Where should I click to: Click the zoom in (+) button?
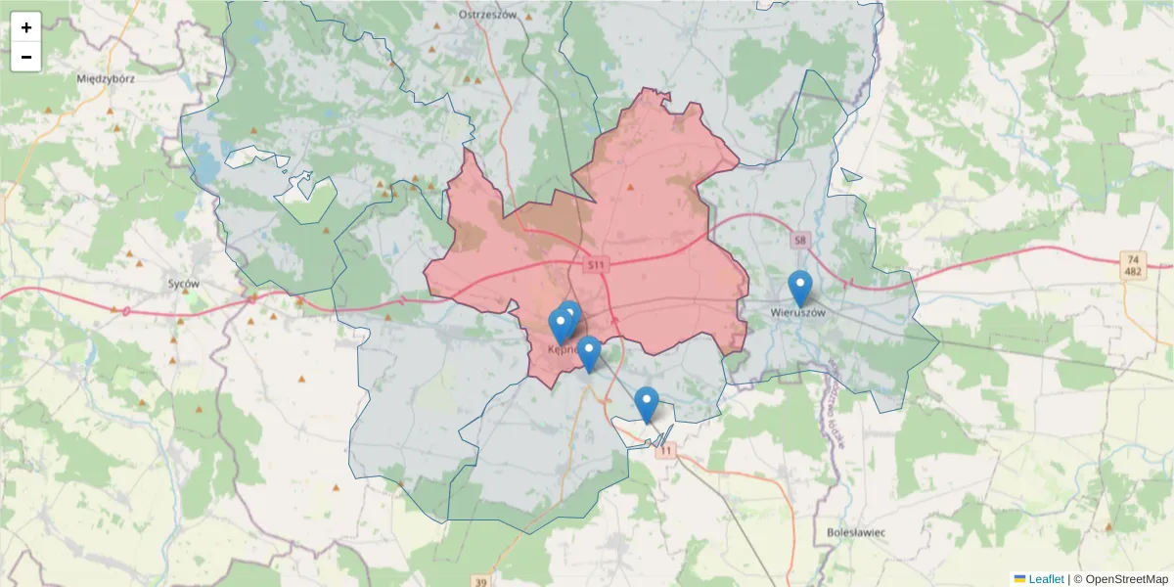[x=26, y=27]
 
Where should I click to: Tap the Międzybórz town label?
[x=105, y=77]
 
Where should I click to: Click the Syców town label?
[x=184, y=284]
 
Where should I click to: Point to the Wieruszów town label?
[x=798, y=313]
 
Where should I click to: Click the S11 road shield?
[x=597, y=265]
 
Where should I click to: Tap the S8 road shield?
[x=800, y=240]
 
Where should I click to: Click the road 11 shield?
[x=667, y=450]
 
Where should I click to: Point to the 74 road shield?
[x=1133, y=259]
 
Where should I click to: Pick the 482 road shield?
[x=1133, y=272]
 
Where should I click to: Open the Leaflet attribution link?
[x=1046, y=579]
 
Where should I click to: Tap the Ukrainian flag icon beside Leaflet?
[x=1019, y=579]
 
